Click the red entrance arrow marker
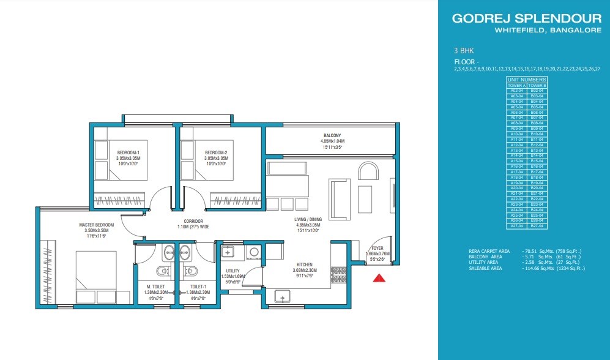379,278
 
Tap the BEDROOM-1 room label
129,152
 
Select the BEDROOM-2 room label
216,152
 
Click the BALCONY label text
332,135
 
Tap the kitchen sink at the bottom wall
283,296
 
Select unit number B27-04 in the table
537,227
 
